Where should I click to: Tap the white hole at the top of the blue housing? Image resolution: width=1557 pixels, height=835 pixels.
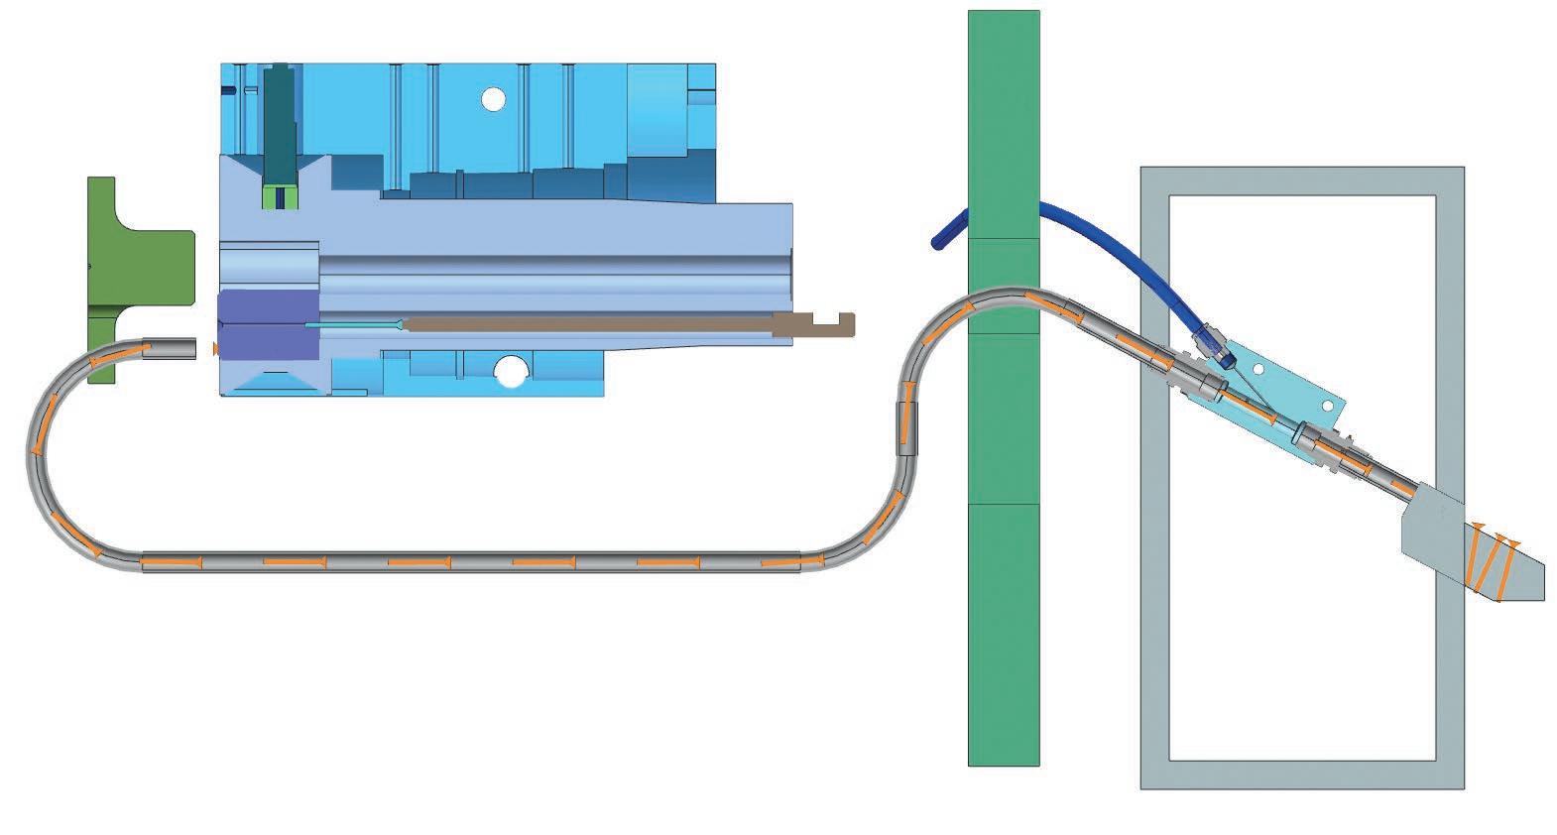click(492, 98)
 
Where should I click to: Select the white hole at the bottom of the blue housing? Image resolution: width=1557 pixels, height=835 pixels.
click(511, 372)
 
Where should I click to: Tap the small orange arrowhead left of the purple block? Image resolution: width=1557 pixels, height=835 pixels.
click(214, 348)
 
